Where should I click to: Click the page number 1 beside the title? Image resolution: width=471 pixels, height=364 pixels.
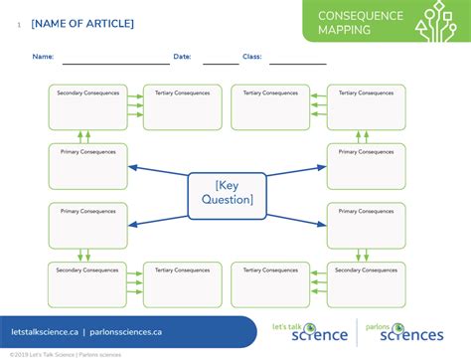coord(18,24)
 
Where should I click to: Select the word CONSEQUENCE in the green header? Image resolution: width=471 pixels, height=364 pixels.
coord(360,16)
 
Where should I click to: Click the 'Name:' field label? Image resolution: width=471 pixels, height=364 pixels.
coord(43,57)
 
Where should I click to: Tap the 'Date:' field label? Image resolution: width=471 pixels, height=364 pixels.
coord(182,57)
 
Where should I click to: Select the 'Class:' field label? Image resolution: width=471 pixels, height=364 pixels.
coord(251,57)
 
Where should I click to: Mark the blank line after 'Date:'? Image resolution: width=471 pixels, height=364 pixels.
coord(221,62)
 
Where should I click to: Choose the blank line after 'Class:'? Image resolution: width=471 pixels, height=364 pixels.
coord(297,62)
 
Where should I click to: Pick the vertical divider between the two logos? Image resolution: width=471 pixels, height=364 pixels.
coord(357,331)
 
